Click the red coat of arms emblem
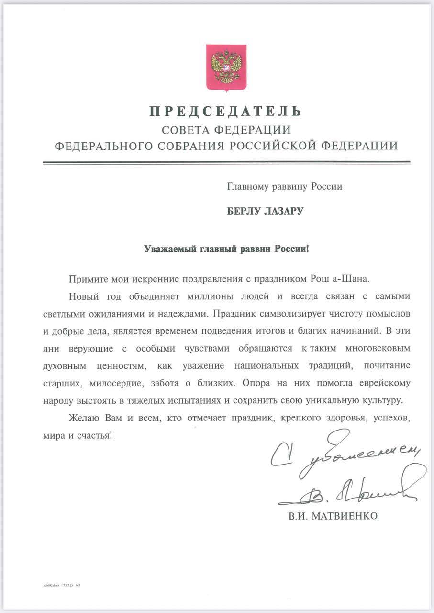coord(226,67)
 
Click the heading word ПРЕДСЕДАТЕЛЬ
coord(226,112)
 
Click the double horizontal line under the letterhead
coord(226,163)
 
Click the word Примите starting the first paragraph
coord(84,279)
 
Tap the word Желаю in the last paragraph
coord(84,418)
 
